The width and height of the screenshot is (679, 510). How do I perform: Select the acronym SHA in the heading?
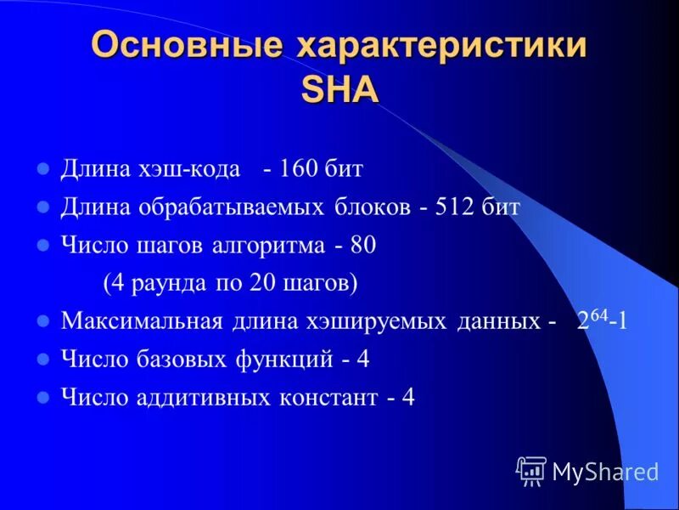(339, 88)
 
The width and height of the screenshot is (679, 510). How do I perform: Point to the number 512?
(452, 207)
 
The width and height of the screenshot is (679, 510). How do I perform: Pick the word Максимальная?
(141, 322)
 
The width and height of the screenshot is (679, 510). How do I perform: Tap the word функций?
(284, 360)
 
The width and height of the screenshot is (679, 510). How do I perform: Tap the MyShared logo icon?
(531, 470)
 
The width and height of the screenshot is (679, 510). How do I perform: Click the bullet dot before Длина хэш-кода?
(44, 168)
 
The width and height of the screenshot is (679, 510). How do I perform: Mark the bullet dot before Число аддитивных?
(44, 398)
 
